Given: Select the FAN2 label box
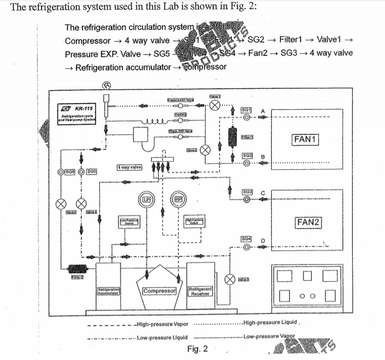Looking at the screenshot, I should [309, 222].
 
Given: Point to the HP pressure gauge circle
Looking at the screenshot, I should [179, 199].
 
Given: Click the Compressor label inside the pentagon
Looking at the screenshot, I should [159, 291].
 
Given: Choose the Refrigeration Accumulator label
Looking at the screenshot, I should [108, 291].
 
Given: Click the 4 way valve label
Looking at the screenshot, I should [129, 167].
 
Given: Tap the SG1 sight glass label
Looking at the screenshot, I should [247, 110].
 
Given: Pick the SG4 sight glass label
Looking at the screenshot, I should [247, 239].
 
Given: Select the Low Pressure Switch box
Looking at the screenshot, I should [130, 222].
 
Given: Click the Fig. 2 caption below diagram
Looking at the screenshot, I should [197, 349].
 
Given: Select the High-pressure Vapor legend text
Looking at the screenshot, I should [160, 324].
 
